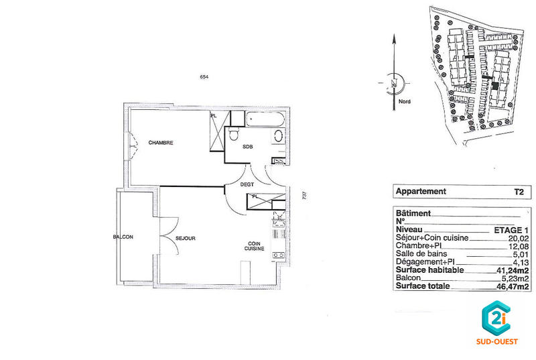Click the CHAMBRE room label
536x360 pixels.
[161, 142]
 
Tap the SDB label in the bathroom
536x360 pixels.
[247, 147]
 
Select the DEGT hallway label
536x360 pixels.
[247, 185]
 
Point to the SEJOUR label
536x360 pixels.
[185, 237]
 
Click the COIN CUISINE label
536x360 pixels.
[254, 246]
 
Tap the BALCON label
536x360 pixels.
[123, 237]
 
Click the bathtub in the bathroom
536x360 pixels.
[265, 119]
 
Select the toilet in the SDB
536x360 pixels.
[232, 135]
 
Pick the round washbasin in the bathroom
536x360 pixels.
[277, 137]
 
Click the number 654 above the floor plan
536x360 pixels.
[204, 77]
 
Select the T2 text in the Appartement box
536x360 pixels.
[518, 191]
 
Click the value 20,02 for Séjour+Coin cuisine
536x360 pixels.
[519, 237]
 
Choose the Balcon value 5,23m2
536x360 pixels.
[515, 278]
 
